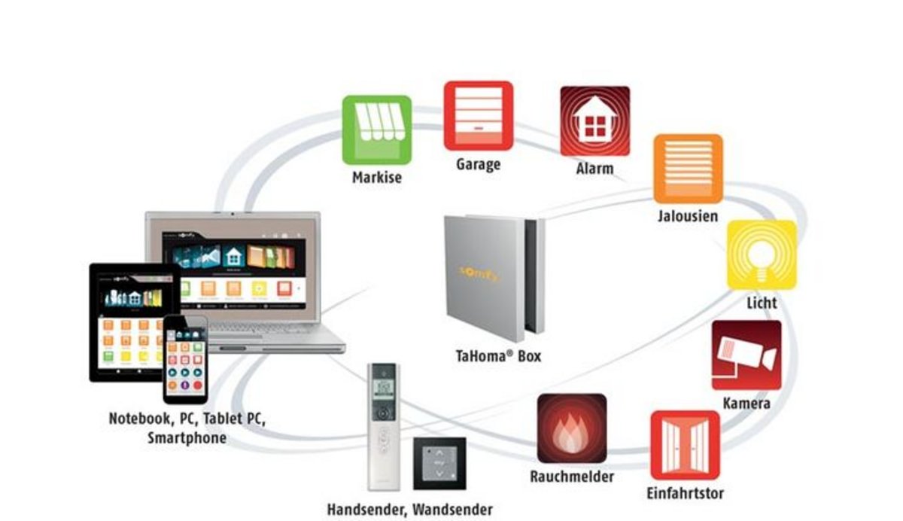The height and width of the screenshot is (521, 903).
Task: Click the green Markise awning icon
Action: [377, 129]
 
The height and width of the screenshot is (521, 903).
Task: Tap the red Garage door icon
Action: [478, 116]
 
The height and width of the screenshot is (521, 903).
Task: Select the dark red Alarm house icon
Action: [594, 120]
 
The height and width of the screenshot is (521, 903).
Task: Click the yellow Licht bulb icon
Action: [762, 254]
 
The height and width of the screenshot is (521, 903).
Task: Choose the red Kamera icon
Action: [746, 355]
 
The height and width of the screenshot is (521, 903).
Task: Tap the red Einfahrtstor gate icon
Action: [685, 445]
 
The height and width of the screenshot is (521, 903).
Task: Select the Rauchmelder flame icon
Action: [572, 428]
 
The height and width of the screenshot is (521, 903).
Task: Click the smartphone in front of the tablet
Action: [185, 360]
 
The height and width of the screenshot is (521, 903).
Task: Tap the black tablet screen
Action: [128, 316]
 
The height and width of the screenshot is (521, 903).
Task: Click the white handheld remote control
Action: [384, 425]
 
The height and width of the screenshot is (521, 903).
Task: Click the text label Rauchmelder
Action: [572, 477]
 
